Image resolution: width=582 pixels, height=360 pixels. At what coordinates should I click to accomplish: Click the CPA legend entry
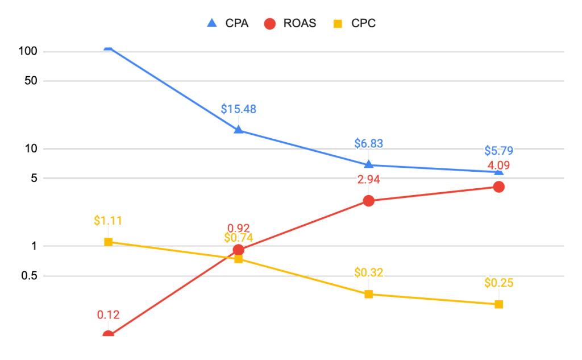227,23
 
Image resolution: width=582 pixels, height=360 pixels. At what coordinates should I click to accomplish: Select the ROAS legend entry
290,23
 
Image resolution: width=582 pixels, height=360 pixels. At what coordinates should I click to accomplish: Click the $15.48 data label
238,109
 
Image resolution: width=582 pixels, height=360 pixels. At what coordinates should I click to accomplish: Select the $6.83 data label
368,143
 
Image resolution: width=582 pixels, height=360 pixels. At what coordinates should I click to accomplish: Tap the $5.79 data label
498,151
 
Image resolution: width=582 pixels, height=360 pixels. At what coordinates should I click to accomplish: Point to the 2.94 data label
368,180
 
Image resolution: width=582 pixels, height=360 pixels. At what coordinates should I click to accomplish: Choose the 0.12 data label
108,315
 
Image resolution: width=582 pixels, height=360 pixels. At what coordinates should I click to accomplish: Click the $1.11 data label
108,221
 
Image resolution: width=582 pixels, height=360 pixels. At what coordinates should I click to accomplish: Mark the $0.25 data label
498,283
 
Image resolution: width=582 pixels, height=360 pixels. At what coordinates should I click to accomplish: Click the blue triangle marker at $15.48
238,130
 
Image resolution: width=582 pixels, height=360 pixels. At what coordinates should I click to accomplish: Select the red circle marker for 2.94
368,201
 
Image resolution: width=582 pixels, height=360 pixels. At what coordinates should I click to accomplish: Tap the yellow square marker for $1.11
108,242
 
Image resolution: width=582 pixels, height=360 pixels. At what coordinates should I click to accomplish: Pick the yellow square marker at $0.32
368,294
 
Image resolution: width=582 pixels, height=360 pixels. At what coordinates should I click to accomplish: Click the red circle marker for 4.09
498,187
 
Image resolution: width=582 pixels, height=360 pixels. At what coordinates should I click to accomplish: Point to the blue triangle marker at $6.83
368,165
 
